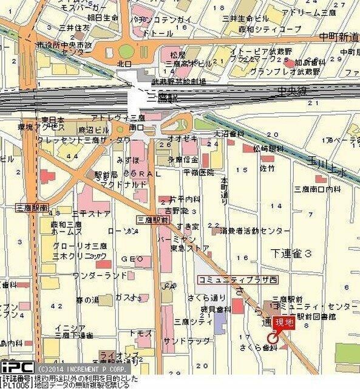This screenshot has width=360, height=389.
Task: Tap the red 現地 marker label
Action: coord(284,323)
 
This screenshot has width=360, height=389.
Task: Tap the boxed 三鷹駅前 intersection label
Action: coord(152,219)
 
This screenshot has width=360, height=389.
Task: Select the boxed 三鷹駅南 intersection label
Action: coord(32,207)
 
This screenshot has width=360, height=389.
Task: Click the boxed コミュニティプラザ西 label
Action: coord(229,279)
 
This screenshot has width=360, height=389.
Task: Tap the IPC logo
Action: coord(16,368)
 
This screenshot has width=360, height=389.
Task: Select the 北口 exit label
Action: coord(124,63)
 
